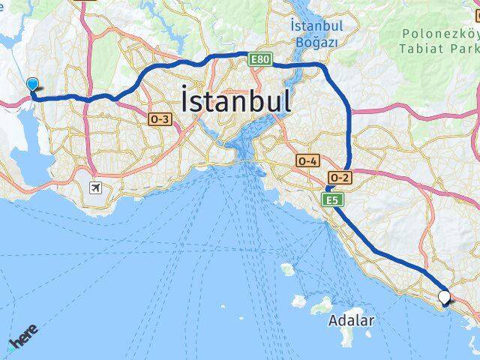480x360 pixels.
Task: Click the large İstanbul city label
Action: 235,100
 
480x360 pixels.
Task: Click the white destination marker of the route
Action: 445,297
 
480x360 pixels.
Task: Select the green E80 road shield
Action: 259,58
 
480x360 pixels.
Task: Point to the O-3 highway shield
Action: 160,118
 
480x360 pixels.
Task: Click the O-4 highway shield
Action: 308,160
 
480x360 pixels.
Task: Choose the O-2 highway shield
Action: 339,177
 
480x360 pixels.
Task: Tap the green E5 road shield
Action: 333,199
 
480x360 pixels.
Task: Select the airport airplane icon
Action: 95,187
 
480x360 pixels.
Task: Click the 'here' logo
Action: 25,339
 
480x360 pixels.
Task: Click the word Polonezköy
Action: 439,34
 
